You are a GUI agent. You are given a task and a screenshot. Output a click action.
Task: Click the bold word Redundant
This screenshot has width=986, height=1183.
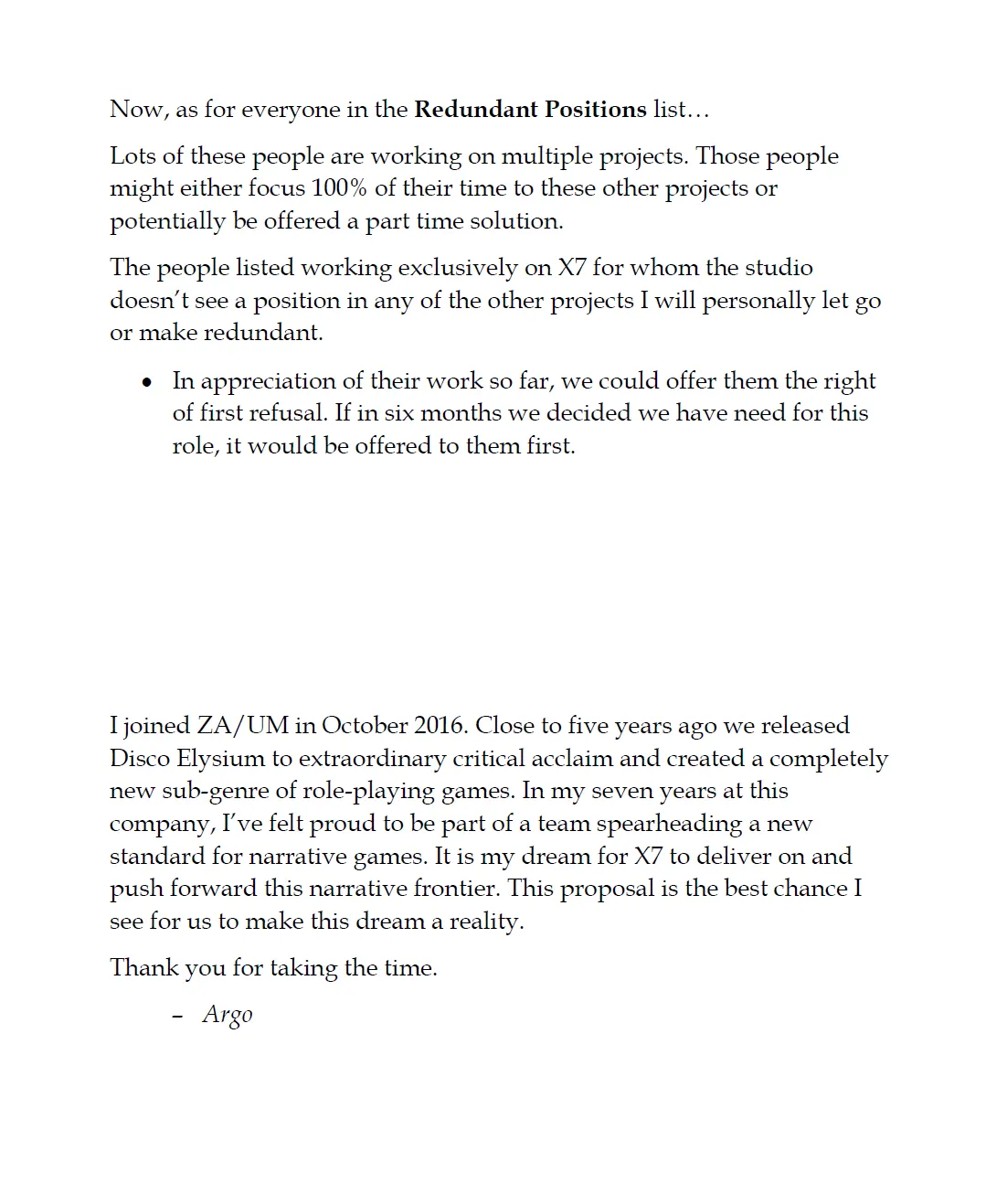[x=476, y=110]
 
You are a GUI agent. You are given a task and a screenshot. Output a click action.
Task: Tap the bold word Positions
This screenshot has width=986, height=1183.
[x=596, y=110]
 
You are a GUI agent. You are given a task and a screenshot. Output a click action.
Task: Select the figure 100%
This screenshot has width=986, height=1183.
[x=339, y=188]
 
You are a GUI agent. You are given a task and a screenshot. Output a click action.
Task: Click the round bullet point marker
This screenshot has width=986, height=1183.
[x=147, y=382]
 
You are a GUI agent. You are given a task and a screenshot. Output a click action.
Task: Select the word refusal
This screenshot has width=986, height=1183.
[x=288, y=413]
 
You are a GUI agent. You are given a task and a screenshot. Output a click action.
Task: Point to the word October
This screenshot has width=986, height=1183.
[x=365, y=726]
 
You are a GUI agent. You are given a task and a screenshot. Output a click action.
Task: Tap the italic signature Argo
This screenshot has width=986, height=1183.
[x=228, y=1015]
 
